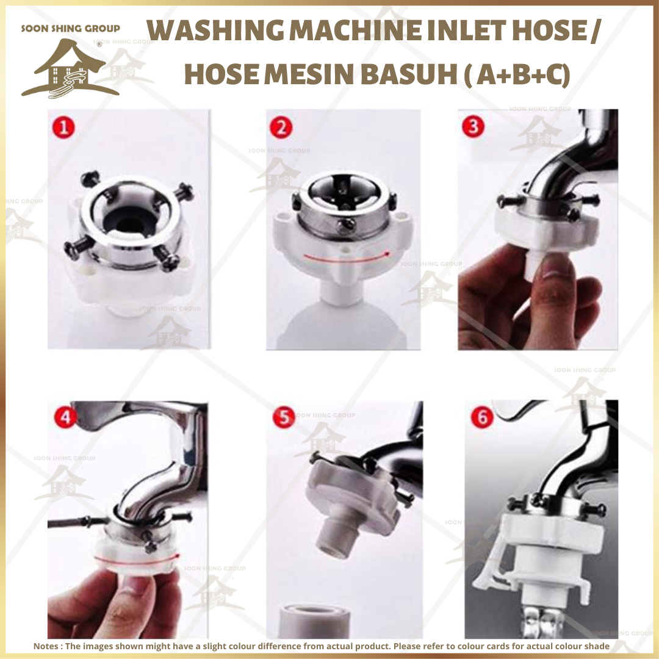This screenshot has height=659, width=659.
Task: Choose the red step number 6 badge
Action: coord(483,419)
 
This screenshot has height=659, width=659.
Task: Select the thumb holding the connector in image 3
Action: coord(555,268)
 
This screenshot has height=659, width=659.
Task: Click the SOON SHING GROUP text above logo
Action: coord(70,28)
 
